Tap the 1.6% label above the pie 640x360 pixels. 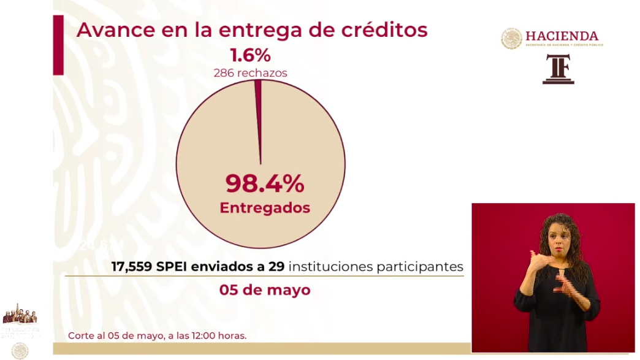[250, 56]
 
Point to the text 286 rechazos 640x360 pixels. [250, 73]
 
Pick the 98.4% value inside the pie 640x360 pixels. [264, 183]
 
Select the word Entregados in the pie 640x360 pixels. [265, 208]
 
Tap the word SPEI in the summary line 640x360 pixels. [173, 267]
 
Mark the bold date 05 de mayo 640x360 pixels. [265, 289]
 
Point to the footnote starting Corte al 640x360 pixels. [158, 335]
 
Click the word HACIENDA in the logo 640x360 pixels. [562, 36]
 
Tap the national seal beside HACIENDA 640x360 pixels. [511, 39]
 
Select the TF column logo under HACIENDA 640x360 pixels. [558, 69]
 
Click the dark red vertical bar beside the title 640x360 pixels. [58, 45]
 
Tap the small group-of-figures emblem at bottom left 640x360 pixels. [20, 314]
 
